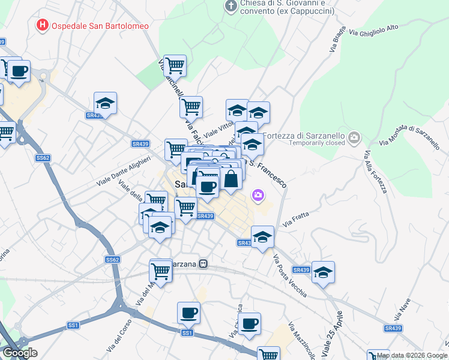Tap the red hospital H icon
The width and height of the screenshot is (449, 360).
43,25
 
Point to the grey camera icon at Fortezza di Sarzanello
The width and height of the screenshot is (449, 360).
355,138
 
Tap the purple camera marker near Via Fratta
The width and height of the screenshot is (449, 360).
259,196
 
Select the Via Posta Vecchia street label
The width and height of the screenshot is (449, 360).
289,277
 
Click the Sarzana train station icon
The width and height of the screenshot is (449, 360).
203,264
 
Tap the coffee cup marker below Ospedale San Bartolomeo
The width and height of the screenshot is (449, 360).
19,70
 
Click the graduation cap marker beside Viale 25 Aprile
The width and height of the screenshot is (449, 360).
323,272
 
